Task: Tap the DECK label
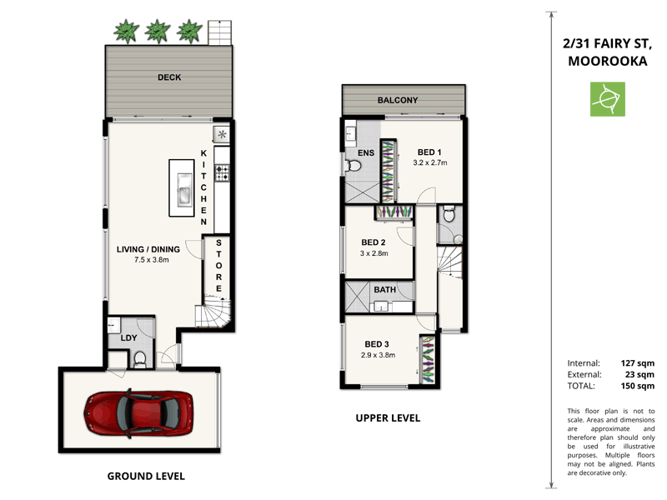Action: pyautogui.click(x=170, y=77)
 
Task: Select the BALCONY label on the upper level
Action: pyautogui.click(x=398, y=100)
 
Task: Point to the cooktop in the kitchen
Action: pyautogui.click(x=223, y=172)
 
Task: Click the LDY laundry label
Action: pyautogui.click(x=129, y=337)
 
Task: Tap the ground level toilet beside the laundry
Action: pyautogui.click(x=140, y=359)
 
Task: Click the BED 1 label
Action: pyautogui.click(x=429, y=152)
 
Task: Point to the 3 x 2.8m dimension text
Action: pyautogui.click(x=374, y=253)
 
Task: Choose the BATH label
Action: pyautogui.click(x=384, y=289)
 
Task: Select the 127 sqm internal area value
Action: pyautogui.click(x=638, y=362)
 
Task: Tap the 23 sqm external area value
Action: pyautogui.click(x=640, y=374)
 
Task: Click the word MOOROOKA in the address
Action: pyautogui.click(x=605, y=61)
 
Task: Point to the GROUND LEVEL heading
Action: pyautogui.click(x=146, y=476)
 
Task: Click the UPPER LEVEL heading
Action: pyautogui.click(x=388, y=417)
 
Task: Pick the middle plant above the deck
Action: pyautogui.click(x=157, y=32)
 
